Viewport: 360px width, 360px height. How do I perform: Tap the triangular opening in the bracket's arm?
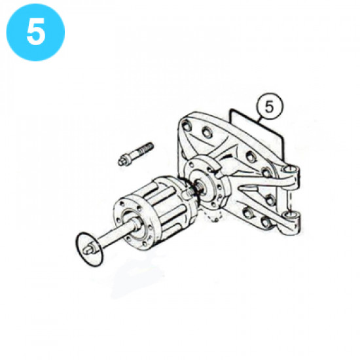tap(252, 195)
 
